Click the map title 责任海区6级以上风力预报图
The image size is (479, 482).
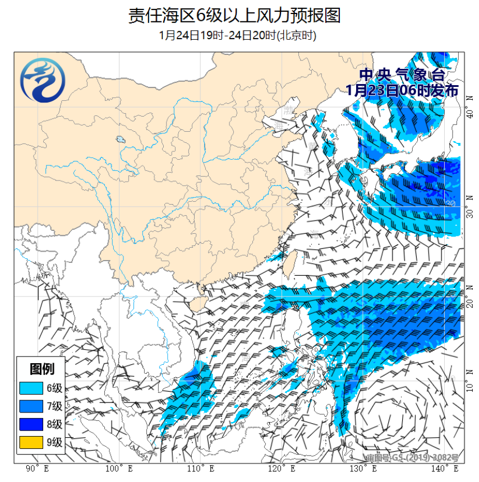[x=234, y=15]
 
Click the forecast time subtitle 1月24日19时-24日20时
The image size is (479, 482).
[x=238, y=35]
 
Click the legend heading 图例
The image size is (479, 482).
[x=42, y=369]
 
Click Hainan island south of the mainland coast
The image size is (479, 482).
[x=193, y=306]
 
